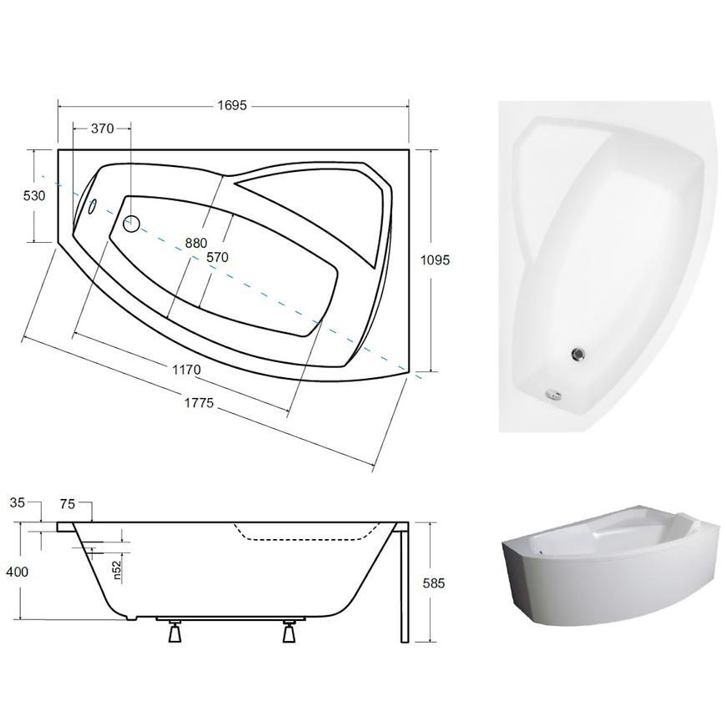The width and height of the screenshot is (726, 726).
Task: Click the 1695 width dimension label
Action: pyautogui.click(x=232, y=106)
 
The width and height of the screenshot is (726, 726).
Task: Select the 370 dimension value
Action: pyautogui.click(x=103, y=129)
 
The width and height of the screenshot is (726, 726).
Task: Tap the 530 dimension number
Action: pyautogui.click(x=35, y=195)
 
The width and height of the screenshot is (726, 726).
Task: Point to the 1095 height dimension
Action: pyautogui.click(x=435, y=260)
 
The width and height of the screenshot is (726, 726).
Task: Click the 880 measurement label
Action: pyautogui.click(x=196, y=243)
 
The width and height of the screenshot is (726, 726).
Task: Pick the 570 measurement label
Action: pyautogui.click(x=217, y=257)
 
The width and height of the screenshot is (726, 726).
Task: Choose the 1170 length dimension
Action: pyautogui.click(x=187, y=370)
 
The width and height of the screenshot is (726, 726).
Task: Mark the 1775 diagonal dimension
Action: pyautogui.click(x=199, y=403)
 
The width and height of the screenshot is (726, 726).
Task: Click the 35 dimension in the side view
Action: pyautogui.click(x=18, y=502)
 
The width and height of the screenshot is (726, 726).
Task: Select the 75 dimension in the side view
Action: pyautogui.click(x=68, y=504)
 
